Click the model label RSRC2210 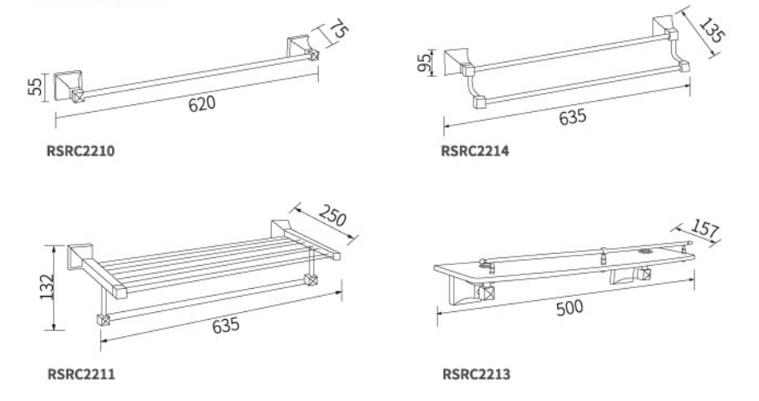[81, 151]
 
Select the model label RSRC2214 [475, 151]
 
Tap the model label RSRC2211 [81, 374]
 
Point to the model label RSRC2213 [476, 374]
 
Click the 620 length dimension [202, 103]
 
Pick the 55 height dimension [35, 87]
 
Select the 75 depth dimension [338, 29]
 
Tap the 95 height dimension [424, 62]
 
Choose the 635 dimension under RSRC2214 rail [573, 117]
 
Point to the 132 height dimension [48, 286]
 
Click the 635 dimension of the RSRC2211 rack [226, 325]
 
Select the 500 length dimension [570, 308]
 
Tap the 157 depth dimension [705, 228]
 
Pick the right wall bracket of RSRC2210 [302, 49]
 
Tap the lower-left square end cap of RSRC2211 [103, 320]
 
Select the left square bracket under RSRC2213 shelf [485, 292]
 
